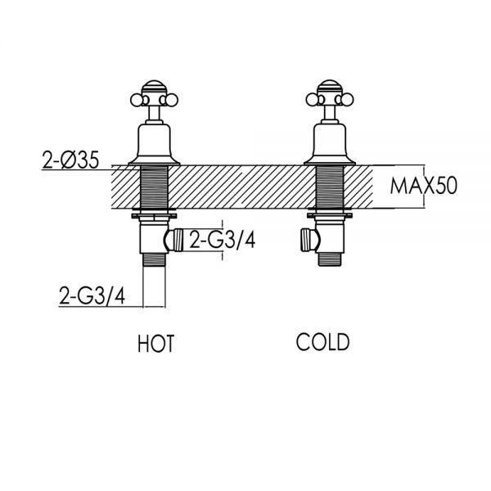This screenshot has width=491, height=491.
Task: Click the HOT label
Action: point(155,344)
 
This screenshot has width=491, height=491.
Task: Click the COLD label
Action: point(322,342)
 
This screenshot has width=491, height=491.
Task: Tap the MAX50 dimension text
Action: point(424,186)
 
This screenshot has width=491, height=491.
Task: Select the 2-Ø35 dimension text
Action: point(70,160)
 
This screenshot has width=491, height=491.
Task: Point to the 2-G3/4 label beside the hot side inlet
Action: point(223,241)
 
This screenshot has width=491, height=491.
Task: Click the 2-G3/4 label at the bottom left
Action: point(92,296)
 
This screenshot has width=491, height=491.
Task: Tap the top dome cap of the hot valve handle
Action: point(154,86)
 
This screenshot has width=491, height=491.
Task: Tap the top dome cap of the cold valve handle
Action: point(330,86)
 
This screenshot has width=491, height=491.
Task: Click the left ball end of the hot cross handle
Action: point(135,100)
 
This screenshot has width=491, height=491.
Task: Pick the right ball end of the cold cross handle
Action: point(349,100)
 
